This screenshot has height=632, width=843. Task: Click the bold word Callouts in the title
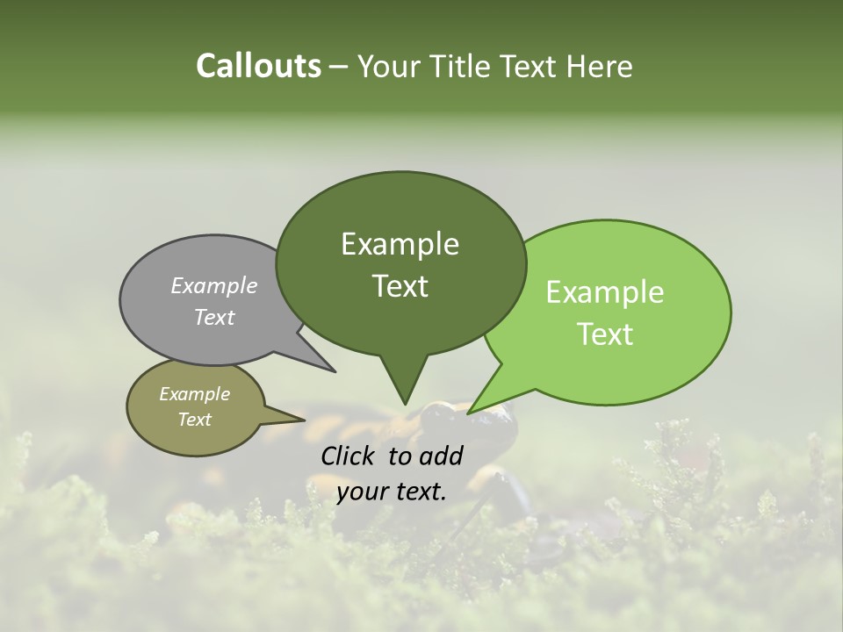258,66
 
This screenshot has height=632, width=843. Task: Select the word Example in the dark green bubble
400,244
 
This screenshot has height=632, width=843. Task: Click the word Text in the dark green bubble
400,286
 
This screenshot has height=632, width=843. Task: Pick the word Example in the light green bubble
605,292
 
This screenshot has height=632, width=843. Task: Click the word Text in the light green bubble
605,334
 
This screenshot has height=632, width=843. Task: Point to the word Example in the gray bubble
213,285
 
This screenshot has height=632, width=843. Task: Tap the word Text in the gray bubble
213,317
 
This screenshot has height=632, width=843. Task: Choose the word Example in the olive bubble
194,394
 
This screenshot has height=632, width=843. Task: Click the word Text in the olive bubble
194,420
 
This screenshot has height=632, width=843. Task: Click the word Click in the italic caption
349,456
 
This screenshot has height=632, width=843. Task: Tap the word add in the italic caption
442,456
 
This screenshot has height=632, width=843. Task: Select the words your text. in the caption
391,492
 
